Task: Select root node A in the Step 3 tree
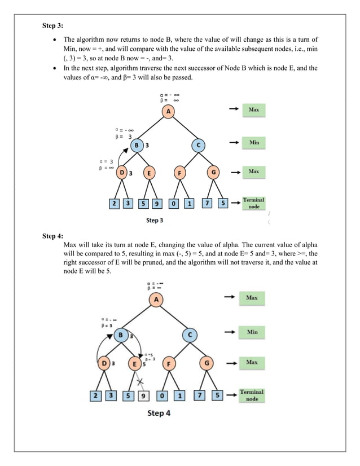pos(168,112)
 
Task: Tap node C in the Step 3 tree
pos(198,146)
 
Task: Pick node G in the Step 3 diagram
pos(213,173)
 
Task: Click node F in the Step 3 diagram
pos(179,173)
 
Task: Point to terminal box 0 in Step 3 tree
pos(174,203)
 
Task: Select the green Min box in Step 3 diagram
pos(254,143)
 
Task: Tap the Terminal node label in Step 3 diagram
pos(254,203)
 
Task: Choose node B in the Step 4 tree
pos(121,335)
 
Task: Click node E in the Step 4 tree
pos(134,364)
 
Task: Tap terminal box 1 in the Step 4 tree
pos(179,396)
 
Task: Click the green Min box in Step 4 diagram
pos(252,332)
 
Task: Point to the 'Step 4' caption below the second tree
pos(159,413)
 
